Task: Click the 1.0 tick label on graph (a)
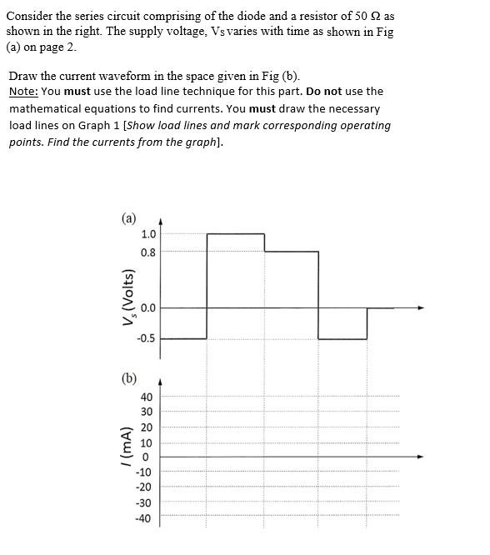coord(147,234)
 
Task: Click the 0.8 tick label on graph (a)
coord(147,251)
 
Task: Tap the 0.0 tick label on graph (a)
coord(147,308)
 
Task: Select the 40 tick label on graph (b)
coord(146,397)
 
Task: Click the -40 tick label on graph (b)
coord(144,518)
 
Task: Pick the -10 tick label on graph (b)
coord(144,472)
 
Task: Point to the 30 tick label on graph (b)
coord(146,412)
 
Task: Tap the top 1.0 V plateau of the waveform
coord(236,234)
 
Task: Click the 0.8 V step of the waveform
coord(292,251)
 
